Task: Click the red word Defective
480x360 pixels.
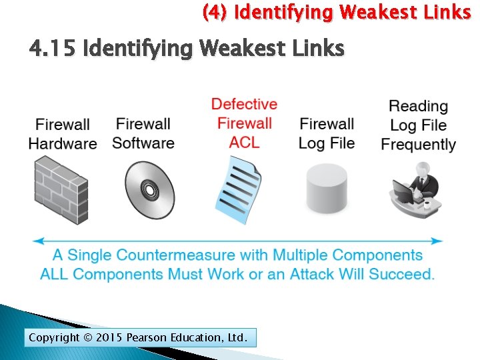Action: [x=244, y=104]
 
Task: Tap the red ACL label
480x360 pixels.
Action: [x=244, y=142]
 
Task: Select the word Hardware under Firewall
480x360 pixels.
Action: [x=63, y=143]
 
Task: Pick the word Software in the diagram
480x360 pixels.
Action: [x=143, y=143]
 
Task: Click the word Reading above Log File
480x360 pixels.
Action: [x=418, y=106]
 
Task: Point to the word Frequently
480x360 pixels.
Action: [x=418, y=144]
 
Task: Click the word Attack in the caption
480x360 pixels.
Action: [x=313, y=274]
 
